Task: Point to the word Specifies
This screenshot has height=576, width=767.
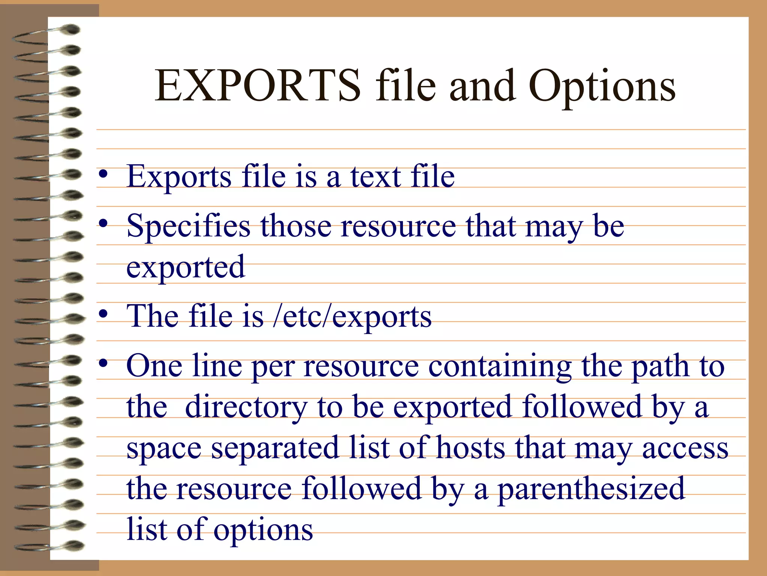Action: (188, 226)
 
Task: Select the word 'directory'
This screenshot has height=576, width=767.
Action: (246, 407)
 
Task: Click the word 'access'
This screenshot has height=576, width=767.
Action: (685, 448)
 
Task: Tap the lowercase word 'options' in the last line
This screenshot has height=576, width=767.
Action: (263, 530)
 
